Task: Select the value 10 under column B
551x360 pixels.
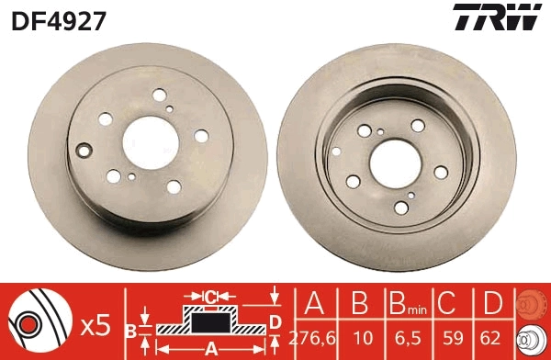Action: [x=361, y=337]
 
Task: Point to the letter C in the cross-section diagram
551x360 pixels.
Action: [x=211, y=296]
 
